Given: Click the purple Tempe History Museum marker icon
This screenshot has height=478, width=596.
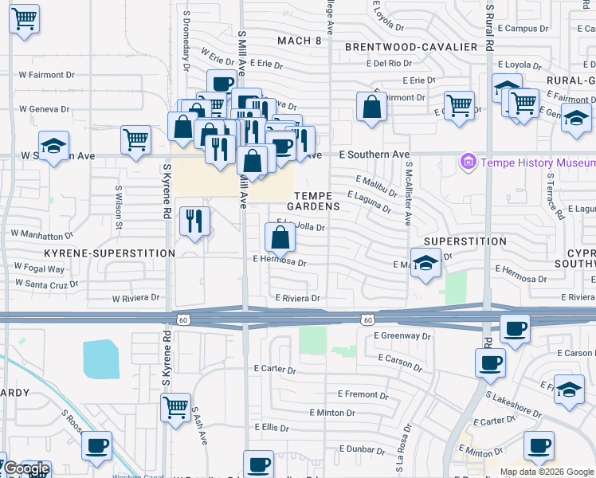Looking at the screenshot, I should pyautogui.click(x=468, y=163).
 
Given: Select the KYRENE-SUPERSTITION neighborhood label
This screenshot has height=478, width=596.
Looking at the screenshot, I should pyautogui.click(x=109, y=253).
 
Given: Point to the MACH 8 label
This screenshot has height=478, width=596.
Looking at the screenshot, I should pyautogui.click(x=299, y=41).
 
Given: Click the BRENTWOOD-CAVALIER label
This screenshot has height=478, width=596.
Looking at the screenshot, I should pyautogui.click(x=411, y=47).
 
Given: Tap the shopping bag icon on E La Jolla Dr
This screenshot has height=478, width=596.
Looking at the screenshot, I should pyautogui.click(x=280, y=237).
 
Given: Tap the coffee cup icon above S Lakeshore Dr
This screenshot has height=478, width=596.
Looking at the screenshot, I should pyautogui.click(x=490, y=363).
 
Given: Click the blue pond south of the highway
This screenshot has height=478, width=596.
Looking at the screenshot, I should pyautogui.click(x=100, y=359).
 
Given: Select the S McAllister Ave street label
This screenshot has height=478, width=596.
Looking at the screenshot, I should pyautogui.click(x=407, y=201).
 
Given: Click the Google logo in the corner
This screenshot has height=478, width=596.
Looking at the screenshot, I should pyautogui.click(x=26, y=469).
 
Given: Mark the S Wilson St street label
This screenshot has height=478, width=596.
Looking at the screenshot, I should pyautogui.click(x=119, y=206).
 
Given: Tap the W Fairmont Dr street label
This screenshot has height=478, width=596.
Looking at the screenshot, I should pyautogui.click(x=46, y=75).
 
